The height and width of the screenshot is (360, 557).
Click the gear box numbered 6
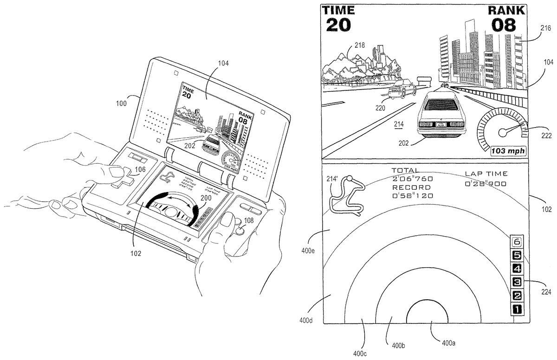point(518,241)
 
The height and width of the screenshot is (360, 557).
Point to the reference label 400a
point(447,344)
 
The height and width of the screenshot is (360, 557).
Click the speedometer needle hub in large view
point(502,133)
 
